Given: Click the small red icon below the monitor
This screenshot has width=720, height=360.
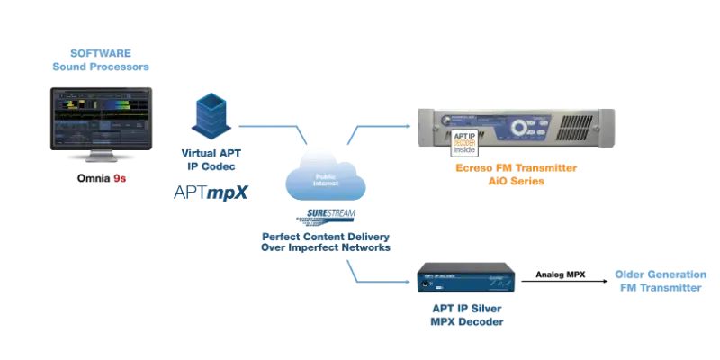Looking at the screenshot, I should (x=116, y=181).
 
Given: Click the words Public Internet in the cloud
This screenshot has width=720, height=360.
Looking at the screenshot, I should (x=321, y=181).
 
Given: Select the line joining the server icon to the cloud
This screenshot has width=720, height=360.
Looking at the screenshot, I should (x=270, y=126).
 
